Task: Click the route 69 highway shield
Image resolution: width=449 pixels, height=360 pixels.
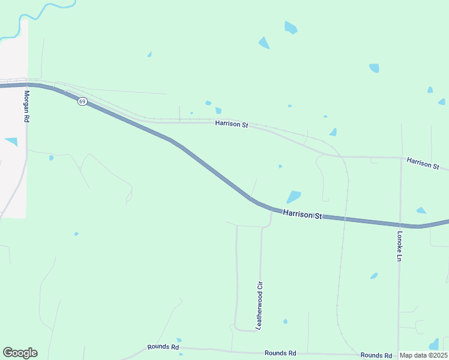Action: coord(82,101)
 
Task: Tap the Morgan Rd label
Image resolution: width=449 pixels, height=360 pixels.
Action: coord(26,107)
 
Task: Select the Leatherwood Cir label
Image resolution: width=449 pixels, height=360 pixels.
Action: coord(260,305)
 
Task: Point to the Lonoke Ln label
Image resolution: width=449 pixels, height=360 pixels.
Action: coord(399,247)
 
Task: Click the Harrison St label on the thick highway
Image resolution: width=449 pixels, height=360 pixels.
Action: coord(303,214)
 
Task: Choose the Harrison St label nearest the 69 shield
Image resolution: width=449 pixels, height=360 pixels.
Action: coord(232,124)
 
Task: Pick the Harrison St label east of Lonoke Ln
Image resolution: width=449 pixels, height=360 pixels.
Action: coord(423,163)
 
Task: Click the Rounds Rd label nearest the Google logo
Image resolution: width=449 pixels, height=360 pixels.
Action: coord(163,347)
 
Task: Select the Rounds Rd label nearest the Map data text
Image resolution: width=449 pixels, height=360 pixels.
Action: coord(376,355)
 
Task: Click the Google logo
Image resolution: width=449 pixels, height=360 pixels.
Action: coord(20,353)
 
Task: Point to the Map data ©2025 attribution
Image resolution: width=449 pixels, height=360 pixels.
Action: coord(423,355)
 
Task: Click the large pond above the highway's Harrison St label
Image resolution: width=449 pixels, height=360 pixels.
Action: coord(294,197)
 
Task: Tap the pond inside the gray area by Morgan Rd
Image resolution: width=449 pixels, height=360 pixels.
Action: coord(11,142)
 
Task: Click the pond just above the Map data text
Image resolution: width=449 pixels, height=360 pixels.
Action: coord(435,344)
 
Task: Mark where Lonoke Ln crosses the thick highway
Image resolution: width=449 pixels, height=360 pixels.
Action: coord(400,225)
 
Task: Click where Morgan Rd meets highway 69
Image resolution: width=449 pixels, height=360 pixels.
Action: coord(26,85)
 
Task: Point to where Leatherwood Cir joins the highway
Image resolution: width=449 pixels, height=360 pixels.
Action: coord(271,210)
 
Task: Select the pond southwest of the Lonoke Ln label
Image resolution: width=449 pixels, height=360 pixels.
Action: coord(374,276)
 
